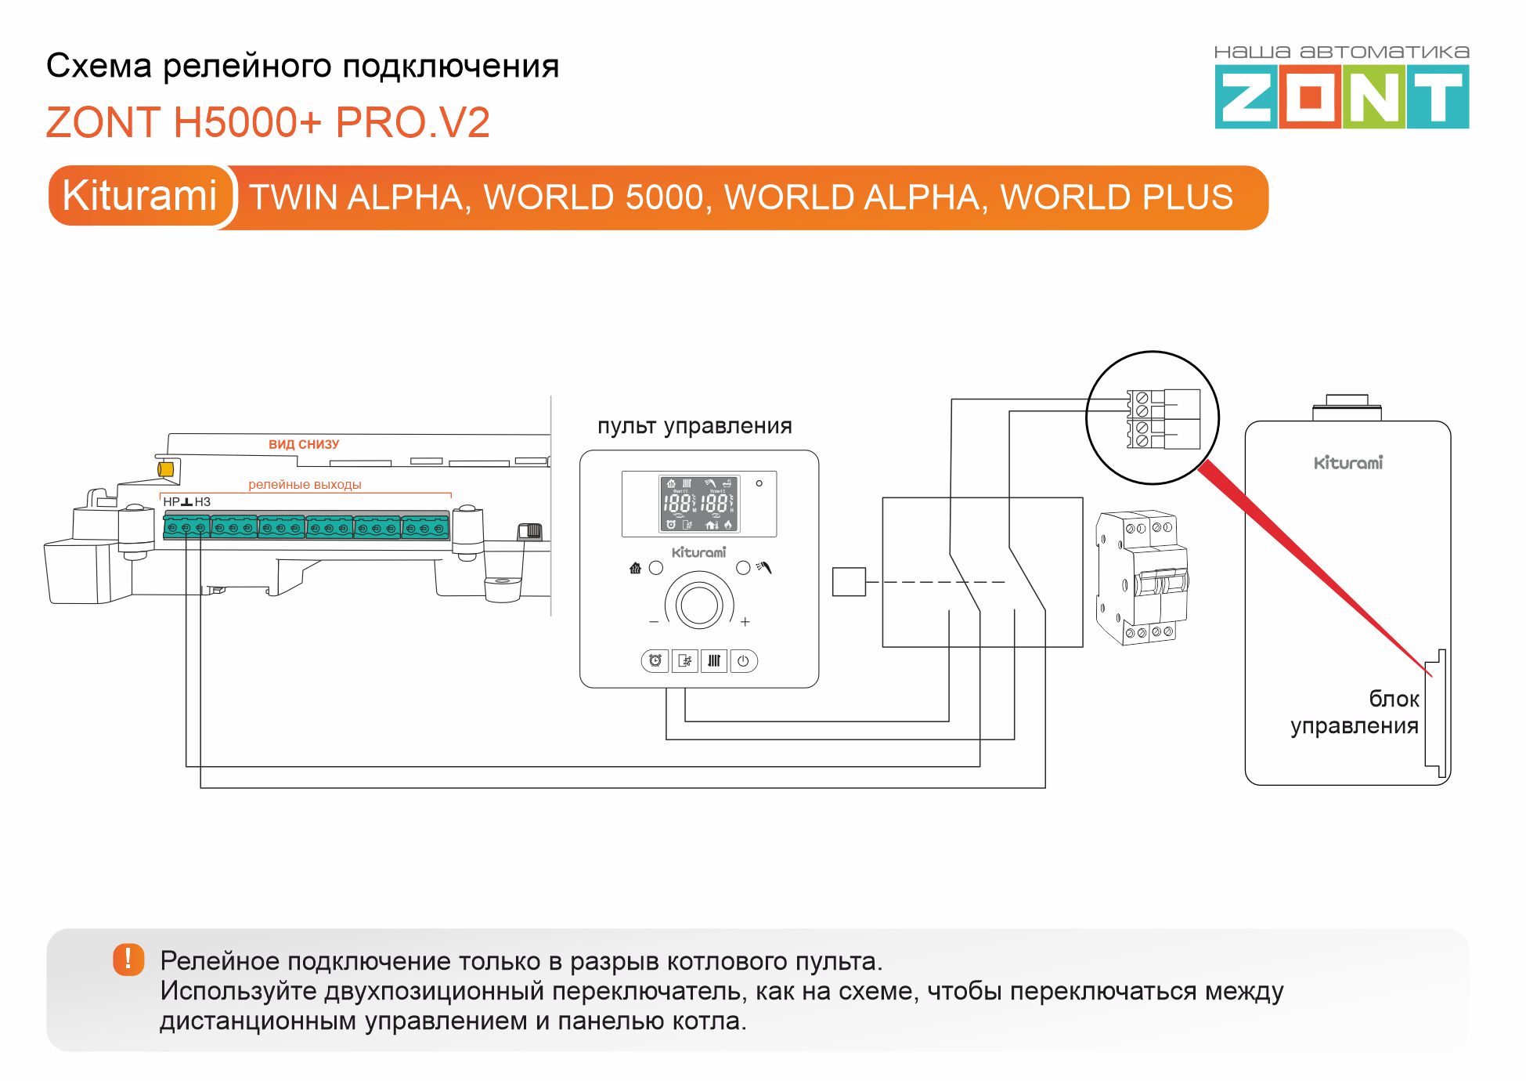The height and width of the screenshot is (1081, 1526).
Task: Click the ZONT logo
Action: coord(1341,96)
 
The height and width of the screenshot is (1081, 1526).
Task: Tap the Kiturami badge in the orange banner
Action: coord(139,196)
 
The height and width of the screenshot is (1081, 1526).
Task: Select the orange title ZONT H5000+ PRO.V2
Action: coord(268,123)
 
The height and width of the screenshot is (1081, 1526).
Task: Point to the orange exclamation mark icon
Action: coord(128,959)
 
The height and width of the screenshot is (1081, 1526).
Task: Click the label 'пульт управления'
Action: coord(694,426)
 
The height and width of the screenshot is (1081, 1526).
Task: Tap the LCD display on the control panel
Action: coord(699,504)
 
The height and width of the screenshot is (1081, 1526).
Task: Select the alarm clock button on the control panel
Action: coord(655,661)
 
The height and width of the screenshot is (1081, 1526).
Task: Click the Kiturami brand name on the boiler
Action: coord(1348,463)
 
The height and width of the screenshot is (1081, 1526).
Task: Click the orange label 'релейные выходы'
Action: coord(305,485)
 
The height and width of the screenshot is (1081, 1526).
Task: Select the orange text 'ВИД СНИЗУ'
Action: coord(304,444)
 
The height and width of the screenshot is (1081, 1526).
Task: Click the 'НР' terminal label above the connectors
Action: coord(171,502)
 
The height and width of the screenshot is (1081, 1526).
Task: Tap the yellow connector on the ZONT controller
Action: coord(165,469)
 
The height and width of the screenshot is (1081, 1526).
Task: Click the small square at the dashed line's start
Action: coord(849,582)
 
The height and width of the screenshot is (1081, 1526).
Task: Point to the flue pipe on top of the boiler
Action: coord(1347,407)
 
